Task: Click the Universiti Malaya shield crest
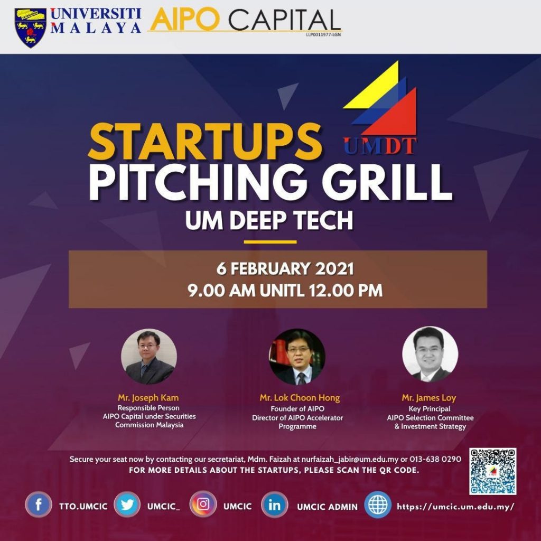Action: [30, 27]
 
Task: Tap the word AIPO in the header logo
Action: [185, 20]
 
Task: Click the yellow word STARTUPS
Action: [205, 142]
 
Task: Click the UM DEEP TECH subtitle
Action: [269, 220]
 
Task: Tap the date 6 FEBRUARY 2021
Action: [285, 269]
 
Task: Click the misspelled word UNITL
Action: [282, 291]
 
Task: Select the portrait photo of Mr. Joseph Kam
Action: [149, 357]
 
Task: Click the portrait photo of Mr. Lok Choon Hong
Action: [297, 357]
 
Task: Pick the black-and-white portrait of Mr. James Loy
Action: [430, 355]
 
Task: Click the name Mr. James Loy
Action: [429, 398]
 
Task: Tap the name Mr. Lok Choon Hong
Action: [300, 398]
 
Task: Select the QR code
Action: [493, 471]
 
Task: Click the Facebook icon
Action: [38, 505]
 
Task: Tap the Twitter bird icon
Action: [127, 505]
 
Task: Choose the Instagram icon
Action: [203, 505]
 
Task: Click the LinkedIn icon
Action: [274, 505]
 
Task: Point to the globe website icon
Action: [378, 505]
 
